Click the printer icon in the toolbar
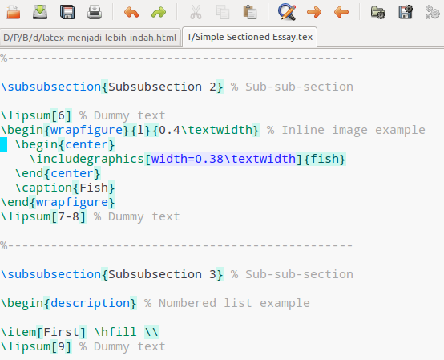click(x=95, y=12)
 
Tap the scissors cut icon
click(x=196, y=12)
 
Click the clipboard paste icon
click(x=250, y=12)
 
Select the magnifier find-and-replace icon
click(x=287, y=12)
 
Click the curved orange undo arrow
click(x=131, y=13)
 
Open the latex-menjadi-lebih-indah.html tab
click(x=90, y=38)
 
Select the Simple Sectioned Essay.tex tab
click(x=249, y=37)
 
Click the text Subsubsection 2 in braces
click(x=162, y=87)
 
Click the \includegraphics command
click(x=87, y=160)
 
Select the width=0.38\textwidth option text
click(x=224, y=160)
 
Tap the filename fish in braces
click(x=325, y=159)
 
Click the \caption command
click(x=43, y=188)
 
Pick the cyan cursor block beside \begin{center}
click(x=3, y=144)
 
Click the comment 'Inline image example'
click(x=353, y=131)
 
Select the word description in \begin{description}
click(x=90, y=304)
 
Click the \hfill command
click(x=115, y=332)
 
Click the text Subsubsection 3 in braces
click(x=162, y=275)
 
